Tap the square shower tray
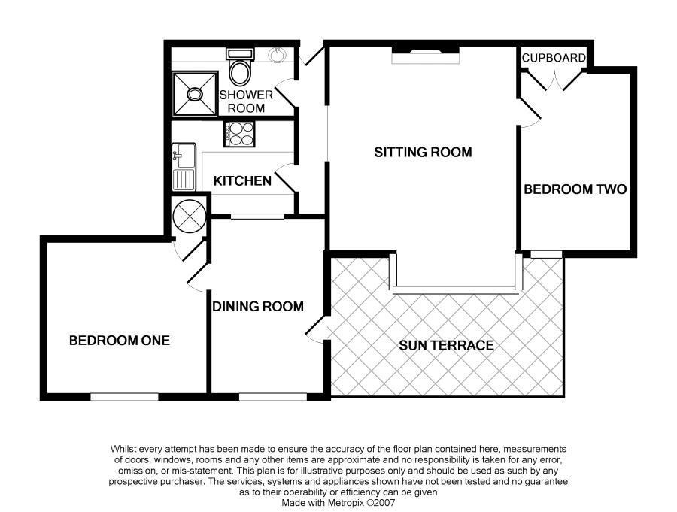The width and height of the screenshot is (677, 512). [195, 95]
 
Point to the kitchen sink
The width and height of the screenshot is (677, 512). [184, 166]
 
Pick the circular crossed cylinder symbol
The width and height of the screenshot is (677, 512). [188, 217]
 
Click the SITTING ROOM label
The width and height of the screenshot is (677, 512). [423, 153]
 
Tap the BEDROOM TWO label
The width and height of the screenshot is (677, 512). [575, 189]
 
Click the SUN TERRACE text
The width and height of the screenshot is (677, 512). [446, 346]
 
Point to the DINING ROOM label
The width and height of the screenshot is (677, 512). [258, 306]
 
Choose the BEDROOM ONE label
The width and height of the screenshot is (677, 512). [120, 341]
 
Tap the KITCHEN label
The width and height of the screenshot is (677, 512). [242, 181]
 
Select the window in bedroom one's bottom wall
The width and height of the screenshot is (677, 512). [124, 396]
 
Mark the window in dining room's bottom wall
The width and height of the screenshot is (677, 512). [272, 396]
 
